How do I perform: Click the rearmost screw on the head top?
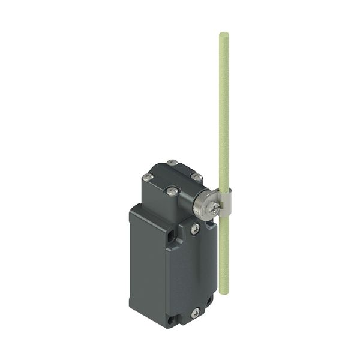coord(173,161)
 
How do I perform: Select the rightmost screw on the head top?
coord(196,177)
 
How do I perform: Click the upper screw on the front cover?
coord(194,229)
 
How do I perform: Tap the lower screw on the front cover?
coord(196,312)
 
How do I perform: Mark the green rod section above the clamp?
coord(223,108)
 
